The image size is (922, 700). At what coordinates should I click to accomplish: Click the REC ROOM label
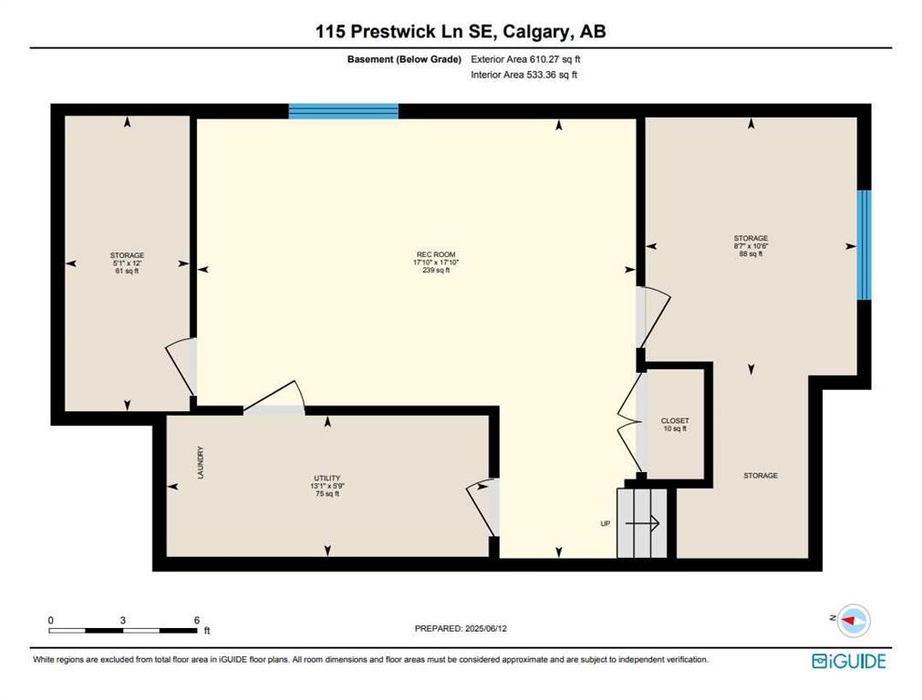point(436,254)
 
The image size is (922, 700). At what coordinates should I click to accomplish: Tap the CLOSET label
point(675,421)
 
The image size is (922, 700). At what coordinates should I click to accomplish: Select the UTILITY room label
point(326,478)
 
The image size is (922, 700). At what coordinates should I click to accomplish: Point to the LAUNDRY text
point(201,462)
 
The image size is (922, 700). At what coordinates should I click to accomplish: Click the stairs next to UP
point(642,523)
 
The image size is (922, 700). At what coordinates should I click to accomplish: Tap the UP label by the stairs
point(605,523)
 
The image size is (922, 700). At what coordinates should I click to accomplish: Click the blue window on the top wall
point(344,111)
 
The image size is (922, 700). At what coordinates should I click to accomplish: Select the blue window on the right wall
point(864,245)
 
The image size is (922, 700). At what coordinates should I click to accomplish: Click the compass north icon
point(853,621)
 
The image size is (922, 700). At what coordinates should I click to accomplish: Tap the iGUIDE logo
point(848,661)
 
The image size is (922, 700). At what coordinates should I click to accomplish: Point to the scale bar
point(123,631)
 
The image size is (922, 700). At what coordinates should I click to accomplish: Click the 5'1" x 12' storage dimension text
point(127,263)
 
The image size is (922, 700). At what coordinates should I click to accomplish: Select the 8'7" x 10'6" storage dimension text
point(751,246)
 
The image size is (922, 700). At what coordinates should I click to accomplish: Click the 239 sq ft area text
point(436,271)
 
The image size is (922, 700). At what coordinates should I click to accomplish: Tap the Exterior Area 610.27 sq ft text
point(525,59)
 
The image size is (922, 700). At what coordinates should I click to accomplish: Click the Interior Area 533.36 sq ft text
point(523,75)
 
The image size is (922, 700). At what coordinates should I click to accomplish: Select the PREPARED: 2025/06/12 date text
point(461,628)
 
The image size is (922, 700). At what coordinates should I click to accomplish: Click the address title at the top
point(461,31)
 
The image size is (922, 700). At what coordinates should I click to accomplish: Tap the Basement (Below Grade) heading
point(404,59)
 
